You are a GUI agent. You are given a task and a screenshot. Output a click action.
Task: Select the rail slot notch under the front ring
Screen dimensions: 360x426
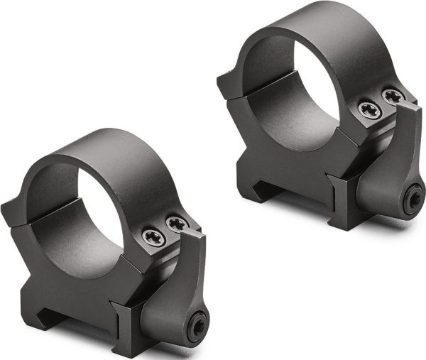(53, 312)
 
